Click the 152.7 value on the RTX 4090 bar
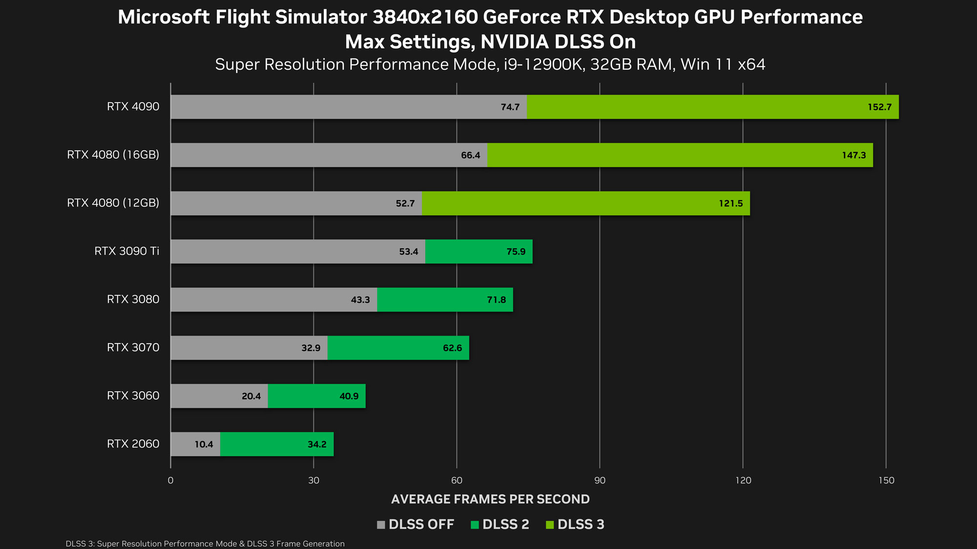(879, 107)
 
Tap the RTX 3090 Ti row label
(127, 251)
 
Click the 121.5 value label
(730, 203)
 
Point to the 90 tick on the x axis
(599, 480)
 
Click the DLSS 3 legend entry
(575, 524)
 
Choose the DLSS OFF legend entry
(416, 524)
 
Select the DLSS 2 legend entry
(500, 524)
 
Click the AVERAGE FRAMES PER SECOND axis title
(490, 499)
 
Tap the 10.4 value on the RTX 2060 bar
(204, 445)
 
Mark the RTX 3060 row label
(133, 395)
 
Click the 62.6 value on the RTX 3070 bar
(452, 348)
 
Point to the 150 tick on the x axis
(886, 480)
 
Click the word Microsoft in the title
(164, 17)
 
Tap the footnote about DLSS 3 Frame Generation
(205, 544)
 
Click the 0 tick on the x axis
(170, 480)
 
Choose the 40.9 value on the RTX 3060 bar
(349, 396)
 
